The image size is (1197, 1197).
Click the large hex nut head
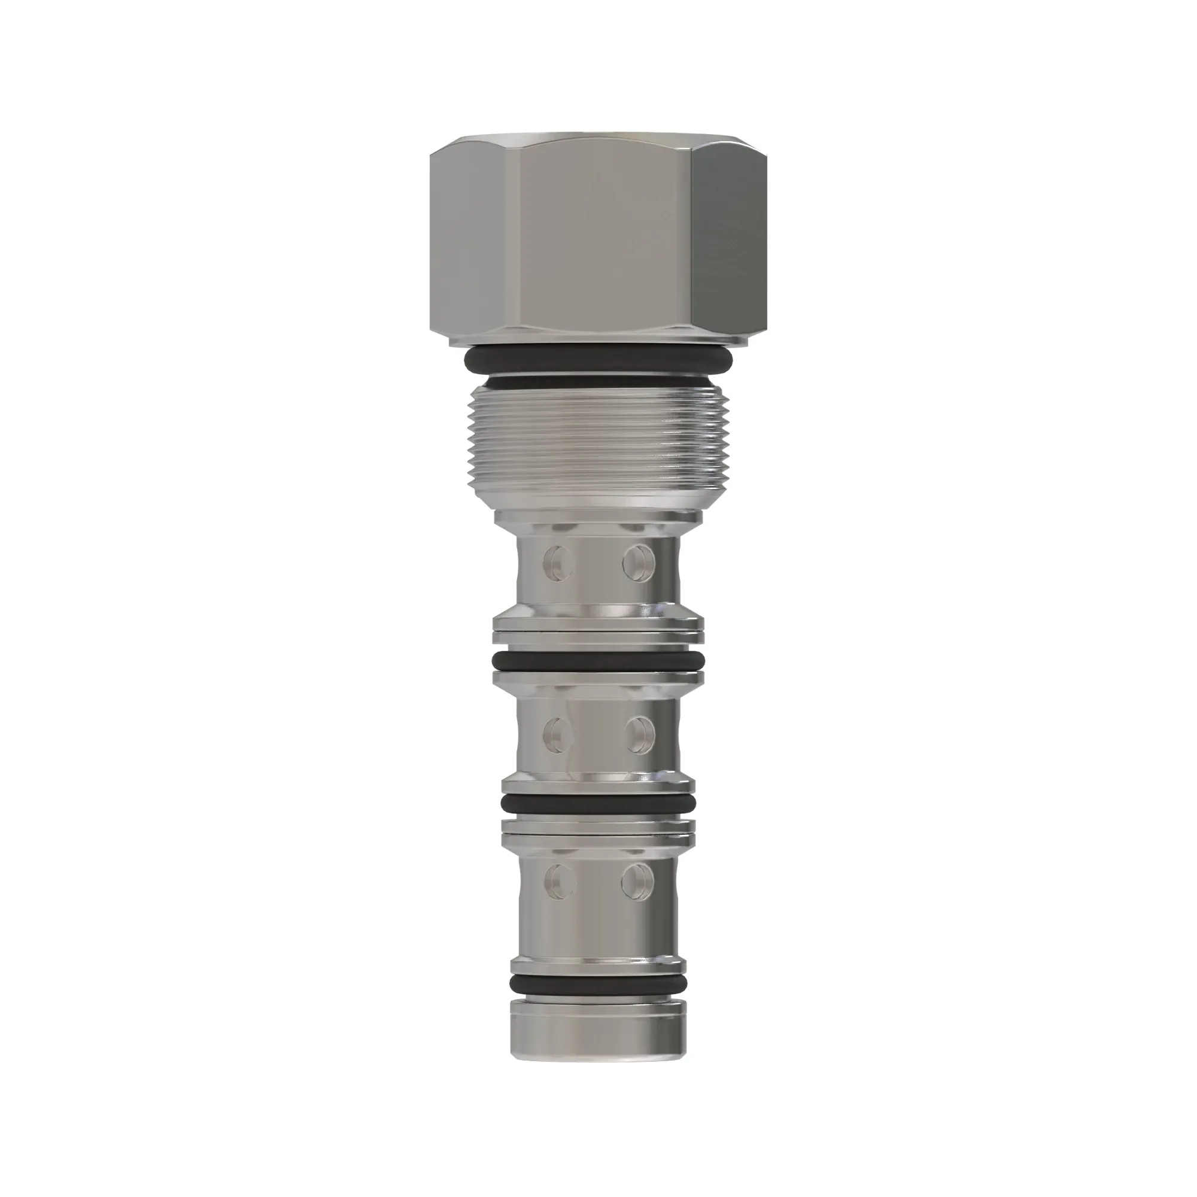point(598,239)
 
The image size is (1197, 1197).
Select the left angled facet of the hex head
point(466,239)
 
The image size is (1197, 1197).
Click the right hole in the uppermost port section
point(639,562)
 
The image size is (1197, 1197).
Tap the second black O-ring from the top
point(598,661)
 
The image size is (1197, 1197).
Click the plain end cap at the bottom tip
point(598,1041)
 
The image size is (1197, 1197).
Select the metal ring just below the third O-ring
point(598,828)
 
